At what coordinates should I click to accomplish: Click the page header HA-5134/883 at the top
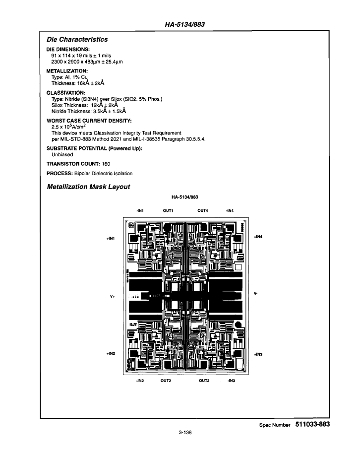pos(184,24)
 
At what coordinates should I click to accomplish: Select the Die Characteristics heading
pos(77,39)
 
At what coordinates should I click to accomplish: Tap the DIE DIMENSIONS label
pos(68,49)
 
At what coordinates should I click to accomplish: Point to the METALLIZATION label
pos(67,71)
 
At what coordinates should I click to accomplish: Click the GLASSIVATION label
pos(66,93)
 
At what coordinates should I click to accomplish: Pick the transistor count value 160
pos(106,164)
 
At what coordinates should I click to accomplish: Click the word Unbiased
pos(62,155)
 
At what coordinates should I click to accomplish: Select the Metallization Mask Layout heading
pos(89,187)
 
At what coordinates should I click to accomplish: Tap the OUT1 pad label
pos(168,210)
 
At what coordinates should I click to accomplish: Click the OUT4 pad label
pos(203,210)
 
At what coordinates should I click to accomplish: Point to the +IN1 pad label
pos(111,239)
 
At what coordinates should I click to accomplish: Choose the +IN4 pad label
pos(258,237)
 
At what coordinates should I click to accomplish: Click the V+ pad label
pos(113,296)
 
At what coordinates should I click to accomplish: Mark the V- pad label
pos(255,293)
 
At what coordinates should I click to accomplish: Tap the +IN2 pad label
pos(111,353)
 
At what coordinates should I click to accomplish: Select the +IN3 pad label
pos(258,354)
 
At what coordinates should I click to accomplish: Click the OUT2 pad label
pos(166,381)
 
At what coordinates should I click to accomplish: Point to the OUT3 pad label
pos(204,381)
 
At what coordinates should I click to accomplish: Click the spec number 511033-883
pos(312,424)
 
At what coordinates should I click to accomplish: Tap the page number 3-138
pos(185,433)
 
